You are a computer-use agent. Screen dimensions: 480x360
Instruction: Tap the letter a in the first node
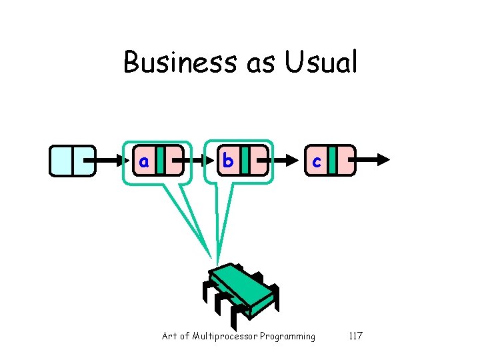point(143,161)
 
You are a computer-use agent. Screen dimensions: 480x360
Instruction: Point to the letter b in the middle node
point(228,161)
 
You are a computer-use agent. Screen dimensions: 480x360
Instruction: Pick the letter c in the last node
point(317,161)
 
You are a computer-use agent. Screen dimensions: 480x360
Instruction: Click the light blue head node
point(72,161)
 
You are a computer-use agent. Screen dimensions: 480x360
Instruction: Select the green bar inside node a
point(160,161)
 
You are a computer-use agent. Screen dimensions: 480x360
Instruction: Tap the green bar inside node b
point(245,161)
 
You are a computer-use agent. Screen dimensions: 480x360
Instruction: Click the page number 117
point(355,336)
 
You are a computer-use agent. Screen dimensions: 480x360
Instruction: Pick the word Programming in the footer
point(288,337)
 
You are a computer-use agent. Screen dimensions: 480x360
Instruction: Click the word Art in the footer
point(169,336)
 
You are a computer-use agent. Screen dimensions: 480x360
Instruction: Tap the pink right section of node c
point(345,161)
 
